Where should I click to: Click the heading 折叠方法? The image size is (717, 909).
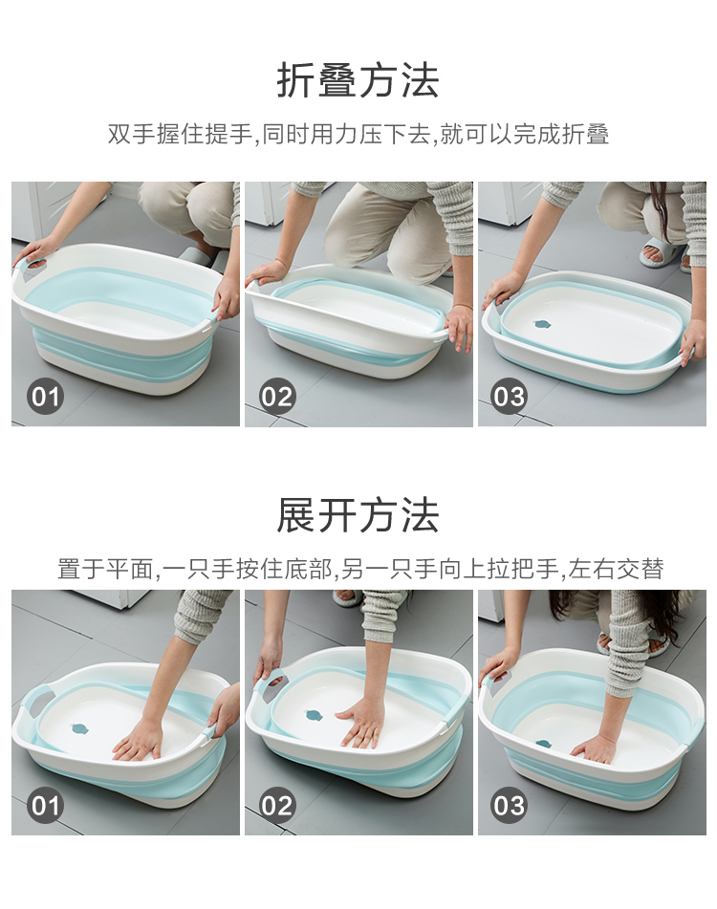(358, 80)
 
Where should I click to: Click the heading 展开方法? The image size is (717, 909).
(358, 515)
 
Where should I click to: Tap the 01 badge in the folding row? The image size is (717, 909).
(45, 397)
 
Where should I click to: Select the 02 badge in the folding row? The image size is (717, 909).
(277, 397)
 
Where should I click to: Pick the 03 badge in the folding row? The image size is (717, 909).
(509, 397)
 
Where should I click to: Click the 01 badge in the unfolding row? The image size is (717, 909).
(45, 805)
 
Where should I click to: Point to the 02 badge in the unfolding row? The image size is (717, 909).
(277, 805)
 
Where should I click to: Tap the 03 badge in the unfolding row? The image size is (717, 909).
(509, 805)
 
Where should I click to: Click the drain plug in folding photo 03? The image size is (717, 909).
(544, 325)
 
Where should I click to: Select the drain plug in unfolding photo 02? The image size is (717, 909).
(314, 716)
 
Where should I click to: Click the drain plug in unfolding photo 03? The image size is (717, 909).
(544, 744)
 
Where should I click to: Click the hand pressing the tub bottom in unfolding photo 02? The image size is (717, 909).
(359, 720)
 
